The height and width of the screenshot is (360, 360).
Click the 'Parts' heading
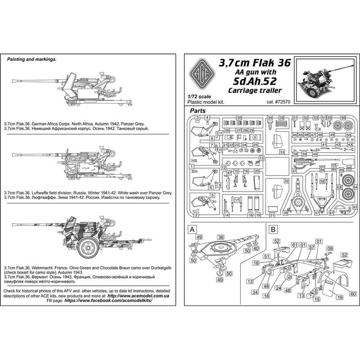(198, 110)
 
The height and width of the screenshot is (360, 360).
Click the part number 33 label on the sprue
(282, 153)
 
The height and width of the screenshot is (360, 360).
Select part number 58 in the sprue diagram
(322, 181)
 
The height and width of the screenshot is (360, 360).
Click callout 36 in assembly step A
(221, 237)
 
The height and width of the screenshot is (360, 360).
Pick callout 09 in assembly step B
(329, 248)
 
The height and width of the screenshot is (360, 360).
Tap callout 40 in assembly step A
(256, 248)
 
